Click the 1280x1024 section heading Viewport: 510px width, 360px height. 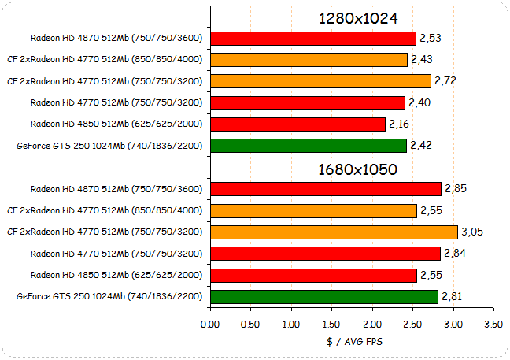(357, 18)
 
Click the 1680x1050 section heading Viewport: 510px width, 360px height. (357, 169)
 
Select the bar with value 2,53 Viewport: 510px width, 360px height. (313, 38)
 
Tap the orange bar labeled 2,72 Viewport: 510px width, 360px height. (320, 81)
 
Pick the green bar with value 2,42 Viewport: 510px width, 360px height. (309, 146)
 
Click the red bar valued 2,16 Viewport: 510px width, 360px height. (297, 124)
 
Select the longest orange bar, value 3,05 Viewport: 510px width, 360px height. (334, 232)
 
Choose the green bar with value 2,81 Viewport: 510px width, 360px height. (324, 296)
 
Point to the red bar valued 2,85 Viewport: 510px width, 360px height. (326, 188)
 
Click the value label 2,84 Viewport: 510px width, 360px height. (456, 253)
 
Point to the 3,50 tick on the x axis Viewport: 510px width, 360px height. (493, 324)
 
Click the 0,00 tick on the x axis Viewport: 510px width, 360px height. (210, 324)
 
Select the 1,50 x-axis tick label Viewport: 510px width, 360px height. (331, 324)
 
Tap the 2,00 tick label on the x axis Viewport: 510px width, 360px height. (372, 324)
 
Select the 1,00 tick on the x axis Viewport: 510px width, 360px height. (291, 324)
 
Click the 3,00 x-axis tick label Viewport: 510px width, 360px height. (453, 324)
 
